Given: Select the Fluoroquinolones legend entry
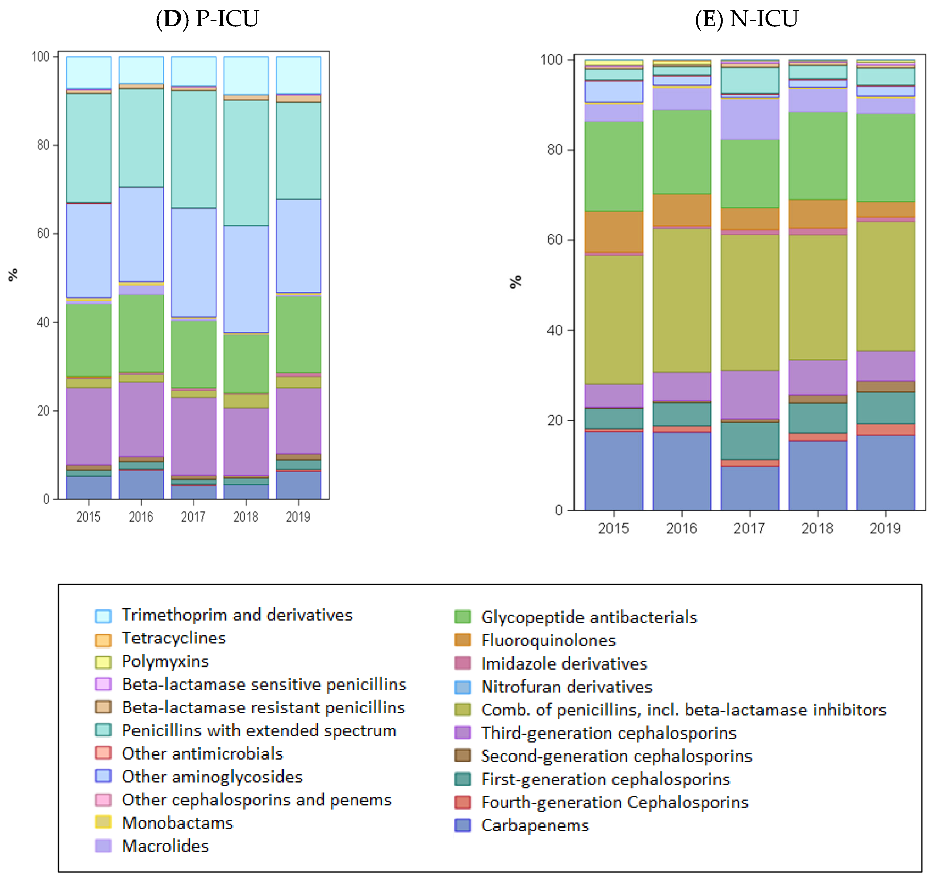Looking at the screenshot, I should tap(548, 640).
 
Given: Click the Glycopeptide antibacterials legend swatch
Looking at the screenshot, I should tap(463, 617).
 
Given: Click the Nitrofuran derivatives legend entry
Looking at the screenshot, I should tap(566, 687).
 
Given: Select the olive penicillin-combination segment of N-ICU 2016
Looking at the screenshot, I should tap(681, 300).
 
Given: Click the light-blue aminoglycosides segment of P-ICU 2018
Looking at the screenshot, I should tap(246, 279).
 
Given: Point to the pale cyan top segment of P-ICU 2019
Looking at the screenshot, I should tap(298, 75).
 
